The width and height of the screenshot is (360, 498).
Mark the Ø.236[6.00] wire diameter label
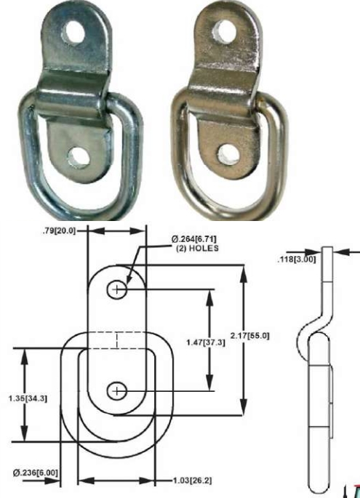tap(35, 473)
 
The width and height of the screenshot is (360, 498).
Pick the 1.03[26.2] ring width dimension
tap(190, 480)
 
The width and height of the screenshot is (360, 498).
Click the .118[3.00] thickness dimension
tap(297, 257)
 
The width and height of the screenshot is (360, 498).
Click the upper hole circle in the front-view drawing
tap(116, 289)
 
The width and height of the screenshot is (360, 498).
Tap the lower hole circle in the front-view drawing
tap(116, 392)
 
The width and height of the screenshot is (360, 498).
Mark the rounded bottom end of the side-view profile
tap(319, 487)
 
